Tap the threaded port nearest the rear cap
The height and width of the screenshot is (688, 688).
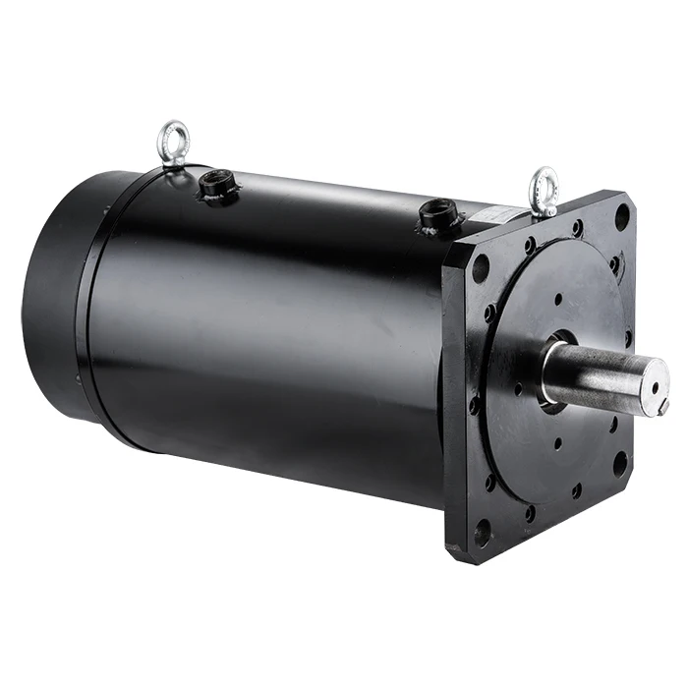click(214, 186)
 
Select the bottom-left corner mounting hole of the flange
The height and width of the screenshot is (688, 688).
click(482, 532)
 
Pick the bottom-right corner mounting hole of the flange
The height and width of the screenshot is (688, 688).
click(620, 462)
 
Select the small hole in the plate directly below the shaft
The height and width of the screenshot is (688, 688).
click(557, 443)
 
